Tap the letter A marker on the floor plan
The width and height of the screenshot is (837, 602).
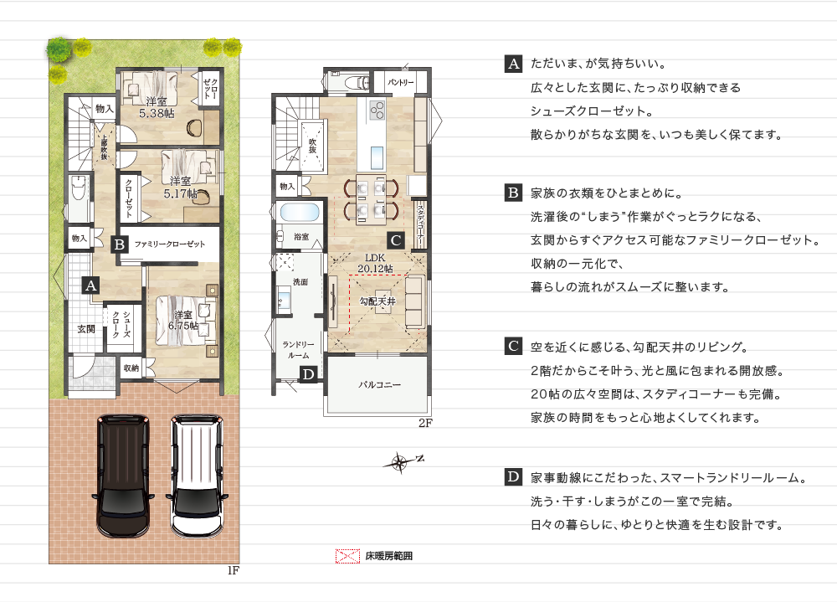tap(90, 286)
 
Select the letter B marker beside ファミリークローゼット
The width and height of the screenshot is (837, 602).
tap(119, 244)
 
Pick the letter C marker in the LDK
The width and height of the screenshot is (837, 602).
tap(396, 239)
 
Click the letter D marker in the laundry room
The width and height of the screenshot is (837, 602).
tap(308, 374)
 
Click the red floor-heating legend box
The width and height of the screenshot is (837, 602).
tap(347, 556)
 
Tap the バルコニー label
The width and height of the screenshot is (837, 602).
tap(379, 384)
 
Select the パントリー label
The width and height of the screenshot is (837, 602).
tap(400, 82)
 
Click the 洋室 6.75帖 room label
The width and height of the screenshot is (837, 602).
tap(183, 320)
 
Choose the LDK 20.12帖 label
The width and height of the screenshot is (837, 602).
tap(375, 263)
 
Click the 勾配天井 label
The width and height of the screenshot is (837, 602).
tap(377, 301)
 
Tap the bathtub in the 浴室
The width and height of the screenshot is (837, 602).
tap(300, 212)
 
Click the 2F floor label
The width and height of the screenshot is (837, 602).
tap(425, 423)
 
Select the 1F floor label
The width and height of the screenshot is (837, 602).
tap(234, 570)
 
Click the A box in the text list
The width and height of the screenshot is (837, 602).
tap(514, 64)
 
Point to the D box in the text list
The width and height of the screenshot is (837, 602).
tap(514, 476)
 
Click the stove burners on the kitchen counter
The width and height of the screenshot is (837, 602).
tap(377, 110)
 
